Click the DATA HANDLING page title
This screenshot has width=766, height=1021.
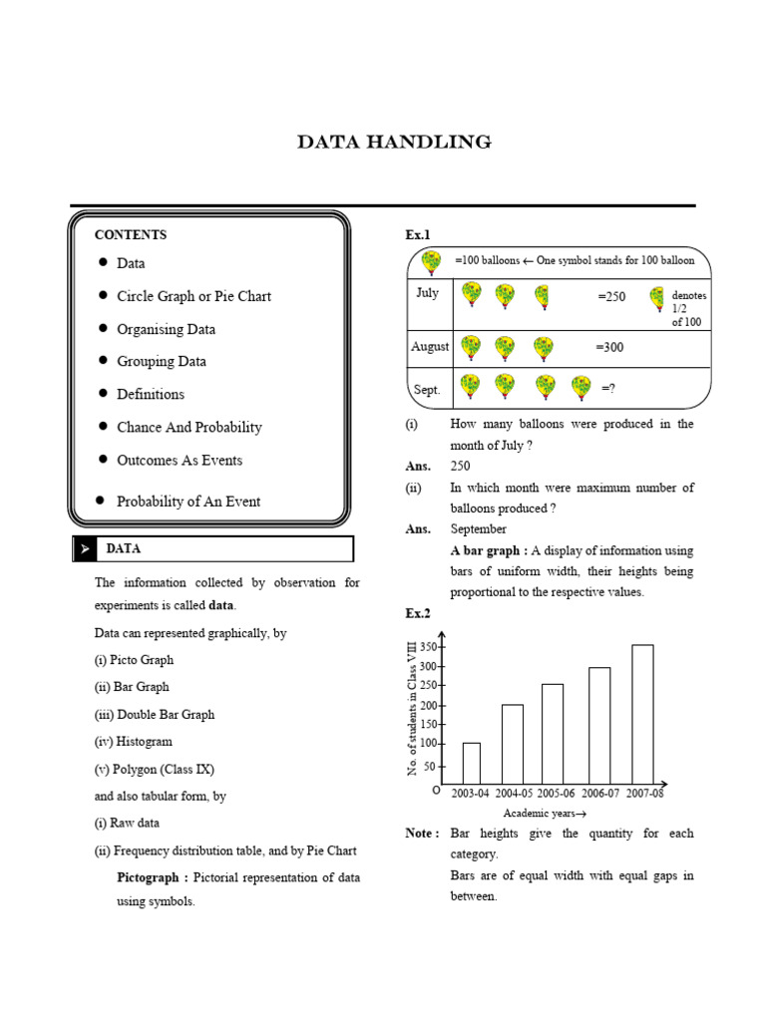pos(394,143)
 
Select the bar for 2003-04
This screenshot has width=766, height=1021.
pos(472,763)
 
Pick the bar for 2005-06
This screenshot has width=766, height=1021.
pos(553,733)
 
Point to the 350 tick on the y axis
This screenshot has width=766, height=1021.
pos(427,647)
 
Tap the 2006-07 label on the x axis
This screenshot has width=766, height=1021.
pos(599,794)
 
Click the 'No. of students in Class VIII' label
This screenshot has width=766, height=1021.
pos(412,710)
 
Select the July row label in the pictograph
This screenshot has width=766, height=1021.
pos(427,293)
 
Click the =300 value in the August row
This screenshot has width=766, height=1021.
pos(609,347)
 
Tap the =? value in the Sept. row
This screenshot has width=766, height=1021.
pos(607,389)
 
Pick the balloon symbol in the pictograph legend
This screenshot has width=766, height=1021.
pos(431,262)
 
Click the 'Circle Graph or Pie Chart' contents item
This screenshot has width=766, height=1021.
pos(193,296)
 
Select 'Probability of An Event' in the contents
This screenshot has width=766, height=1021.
pos(189,502)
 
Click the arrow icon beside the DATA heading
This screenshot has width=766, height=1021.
pos(86,549)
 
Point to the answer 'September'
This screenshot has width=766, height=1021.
pos(478,529)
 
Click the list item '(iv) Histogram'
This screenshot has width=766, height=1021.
pos(134,742)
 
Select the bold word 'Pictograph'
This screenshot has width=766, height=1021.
pos(151,877)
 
